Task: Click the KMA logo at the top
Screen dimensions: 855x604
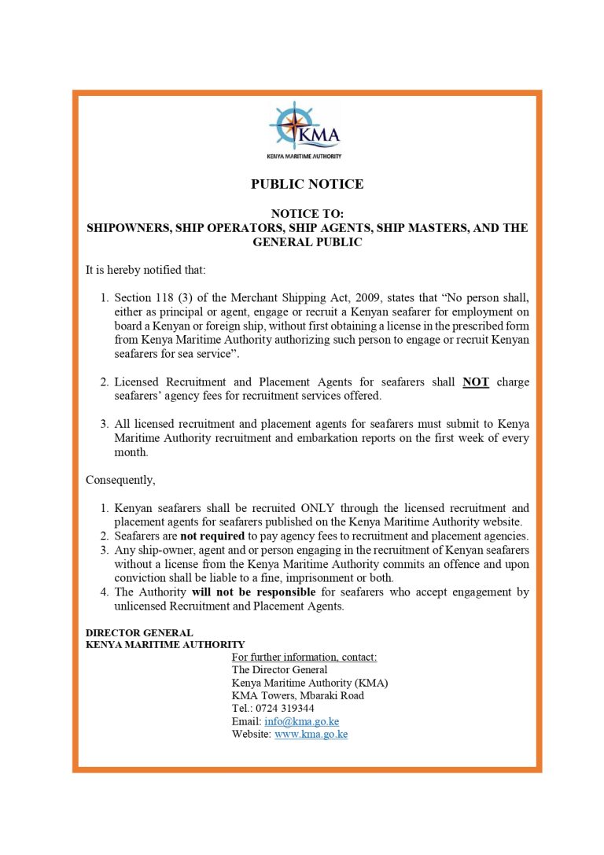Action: [x=306, y=130]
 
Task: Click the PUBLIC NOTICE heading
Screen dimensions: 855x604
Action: [x=307, y=184]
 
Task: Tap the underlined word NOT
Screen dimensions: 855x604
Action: [x=476, y=382]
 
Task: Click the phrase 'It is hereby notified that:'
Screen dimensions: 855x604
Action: [x=145, y=270]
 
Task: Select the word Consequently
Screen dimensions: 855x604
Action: [x=120, y=479]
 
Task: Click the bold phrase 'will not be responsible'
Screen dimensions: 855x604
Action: [x=253, y=591]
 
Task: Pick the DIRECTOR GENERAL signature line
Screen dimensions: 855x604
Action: [x=139, y=632]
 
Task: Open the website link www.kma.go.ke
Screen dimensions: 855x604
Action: [x=311, y=734]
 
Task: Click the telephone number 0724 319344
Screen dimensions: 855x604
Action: [x=284, y=708]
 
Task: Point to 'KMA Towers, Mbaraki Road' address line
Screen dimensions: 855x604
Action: [x=298, y=695]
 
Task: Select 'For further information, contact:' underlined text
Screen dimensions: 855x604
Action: [x=304, y=657]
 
